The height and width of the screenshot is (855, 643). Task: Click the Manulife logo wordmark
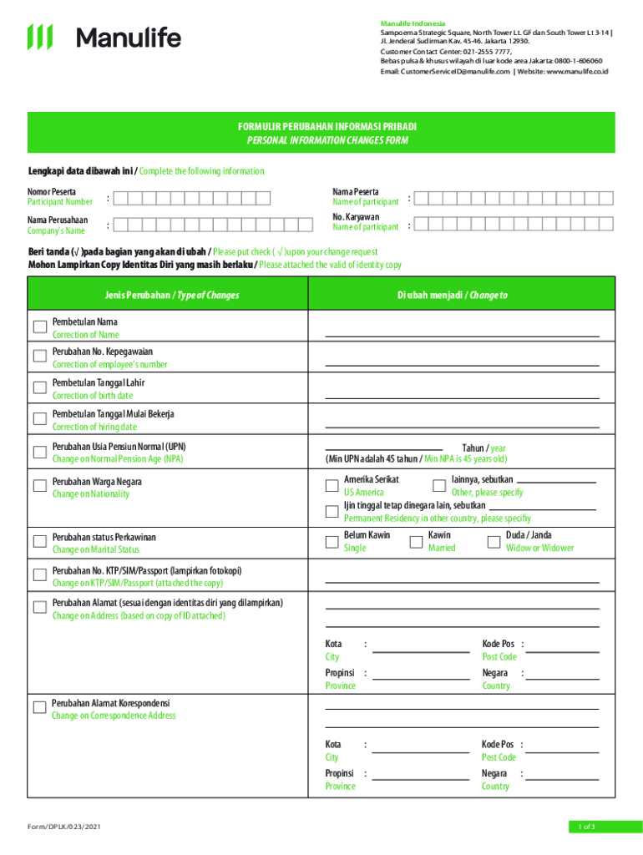[129, 38]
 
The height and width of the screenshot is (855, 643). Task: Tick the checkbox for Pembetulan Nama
[39, 326]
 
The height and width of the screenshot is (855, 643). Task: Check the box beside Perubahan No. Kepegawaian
[39, 357]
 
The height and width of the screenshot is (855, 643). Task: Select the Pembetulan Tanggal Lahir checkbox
[39, 387]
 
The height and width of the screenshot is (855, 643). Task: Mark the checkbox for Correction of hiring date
[39, 419]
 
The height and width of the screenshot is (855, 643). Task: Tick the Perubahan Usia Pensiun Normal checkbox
[39, 452]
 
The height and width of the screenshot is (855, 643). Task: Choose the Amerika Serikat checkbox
[332, 485]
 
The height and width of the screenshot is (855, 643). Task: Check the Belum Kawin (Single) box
[332, 541]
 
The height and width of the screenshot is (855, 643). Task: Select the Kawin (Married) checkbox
[416, 541]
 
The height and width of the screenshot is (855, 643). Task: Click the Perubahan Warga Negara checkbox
[39, 487]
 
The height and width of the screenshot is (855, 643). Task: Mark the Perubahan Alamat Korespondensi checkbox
[39, 708]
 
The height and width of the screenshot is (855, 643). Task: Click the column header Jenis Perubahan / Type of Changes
[172, 295]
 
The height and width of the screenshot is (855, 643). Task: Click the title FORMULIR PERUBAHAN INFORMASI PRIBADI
[327, 127]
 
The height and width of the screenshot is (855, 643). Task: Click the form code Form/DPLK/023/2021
[65, 827]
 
